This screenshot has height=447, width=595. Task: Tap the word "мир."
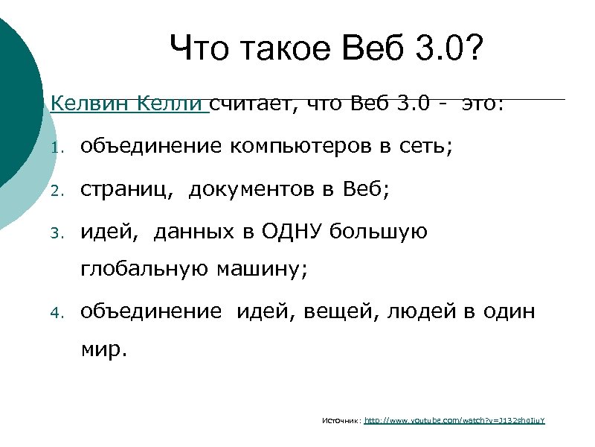click(104, 350)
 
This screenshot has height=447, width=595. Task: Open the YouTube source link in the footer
click(455, 421)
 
